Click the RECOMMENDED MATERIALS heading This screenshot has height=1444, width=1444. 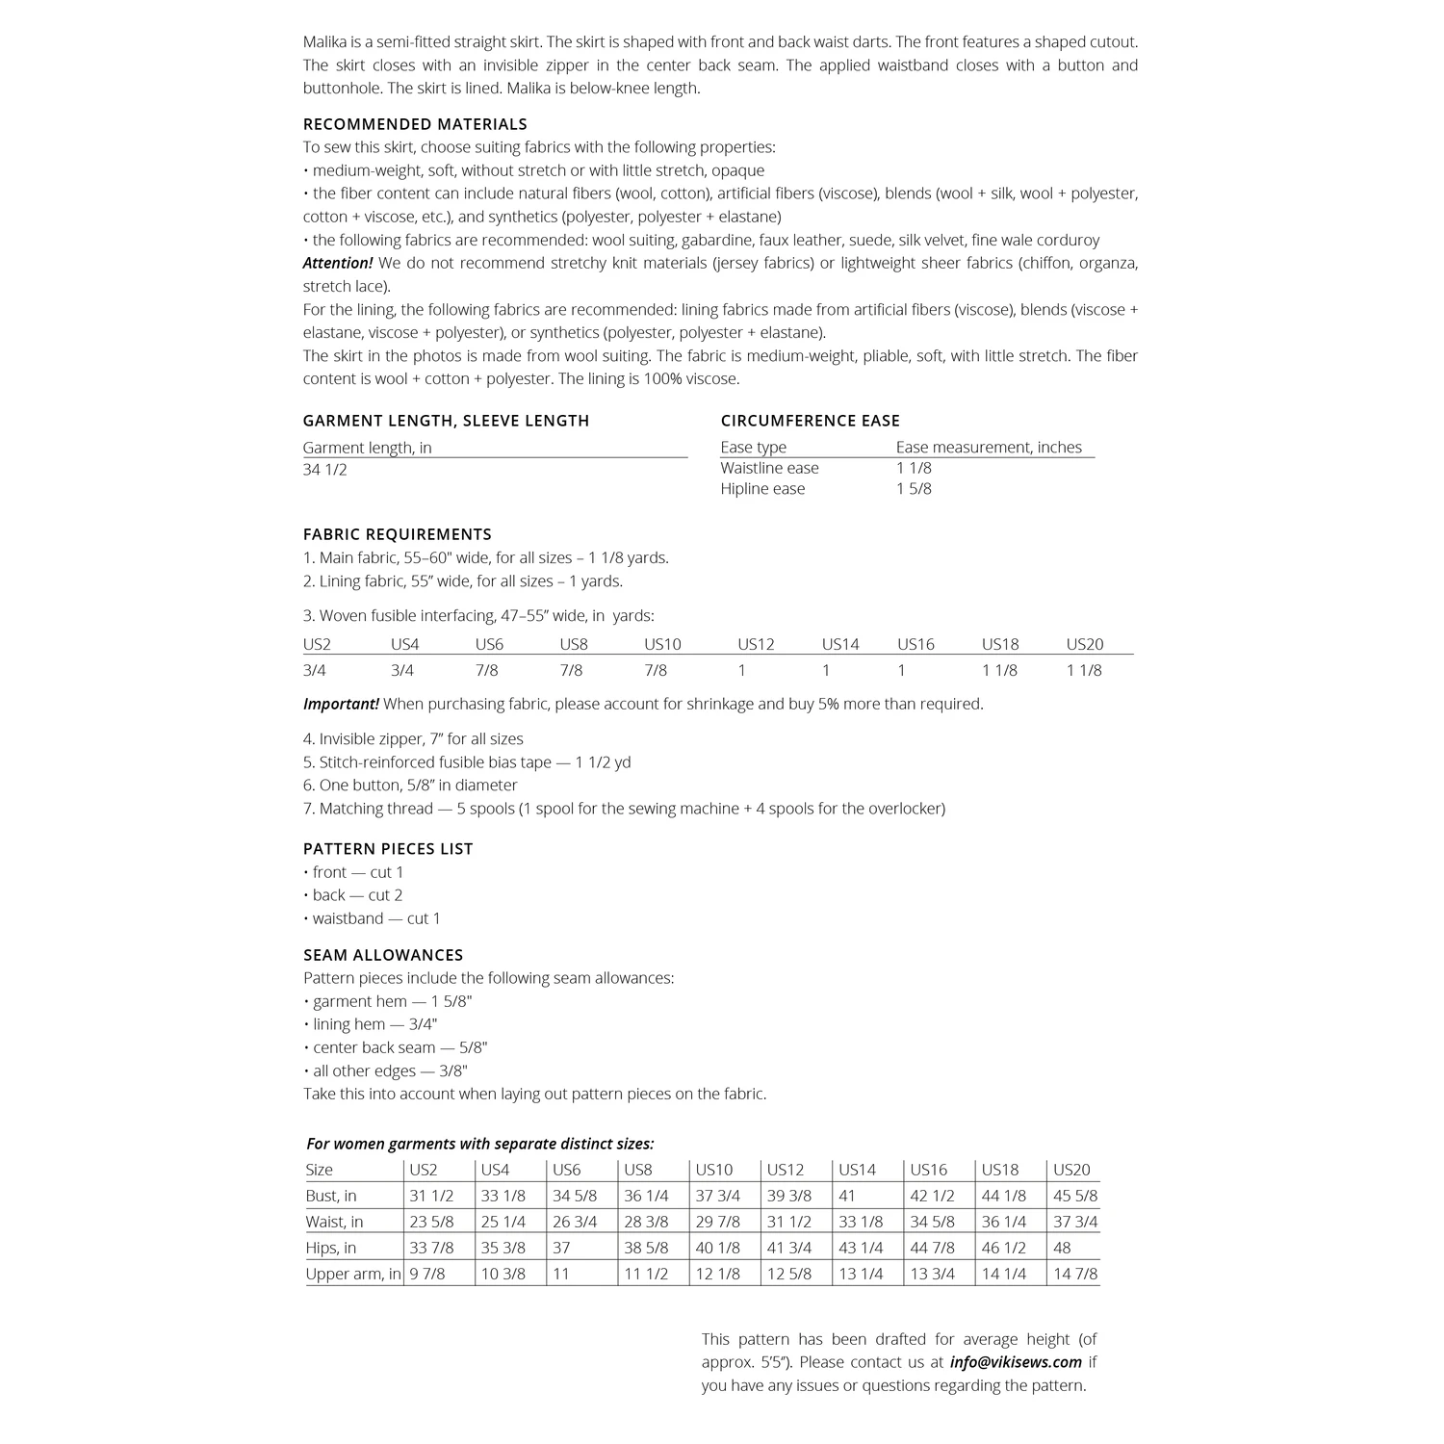pos(415,124)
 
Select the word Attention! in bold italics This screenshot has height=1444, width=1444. pos(338,264)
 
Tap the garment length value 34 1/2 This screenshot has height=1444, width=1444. pos(325,470)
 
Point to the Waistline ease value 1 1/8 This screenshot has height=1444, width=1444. pos(914,469)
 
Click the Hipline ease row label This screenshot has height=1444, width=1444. pos(762,489)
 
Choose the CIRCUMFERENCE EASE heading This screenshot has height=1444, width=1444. pos(810,421)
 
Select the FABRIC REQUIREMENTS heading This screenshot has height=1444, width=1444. pos(397,534)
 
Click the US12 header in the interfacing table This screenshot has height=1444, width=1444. pos(756,645)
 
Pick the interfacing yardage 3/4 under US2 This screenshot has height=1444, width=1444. pos(315,671)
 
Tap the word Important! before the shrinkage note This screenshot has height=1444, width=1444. pos(341,705)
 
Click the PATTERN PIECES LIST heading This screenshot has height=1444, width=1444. pos(388,849)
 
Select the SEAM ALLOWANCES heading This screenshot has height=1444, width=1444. pos(383,955)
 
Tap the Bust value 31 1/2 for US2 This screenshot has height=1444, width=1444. pos(431,1197)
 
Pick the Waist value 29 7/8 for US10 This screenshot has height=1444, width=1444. pos(717,1223)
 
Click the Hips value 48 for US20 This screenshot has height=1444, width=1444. pos(1063,1249)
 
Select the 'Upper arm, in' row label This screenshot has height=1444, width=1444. pos(352,1275)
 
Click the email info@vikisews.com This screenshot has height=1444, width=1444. pos(1016,1362)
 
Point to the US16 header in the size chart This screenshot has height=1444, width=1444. pos(928,1171)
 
